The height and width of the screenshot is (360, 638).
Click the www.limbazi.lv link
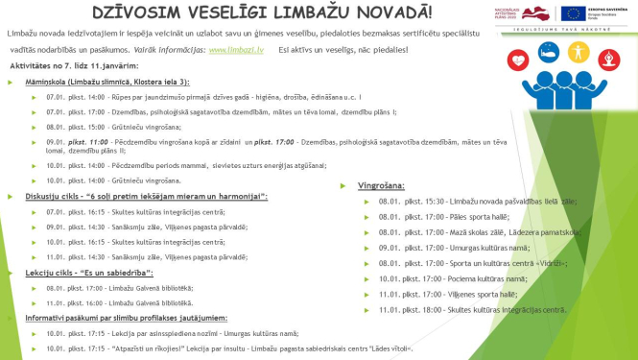coord(230,49)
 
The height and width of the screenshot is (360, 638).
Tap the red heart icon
coord(519,59)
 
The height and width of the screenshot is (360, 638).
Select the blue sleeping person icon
coord(549,52)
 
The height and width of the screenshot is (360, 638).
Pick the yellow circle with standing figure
coord(579,52)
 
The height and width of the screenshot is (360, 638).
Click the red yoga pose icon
coord(608,59)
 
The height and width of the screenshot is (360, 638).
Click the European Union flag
coord(573,12)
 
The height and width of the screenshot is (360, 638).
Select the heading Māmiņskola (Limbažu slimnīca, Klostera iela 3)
coord(107,84)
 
